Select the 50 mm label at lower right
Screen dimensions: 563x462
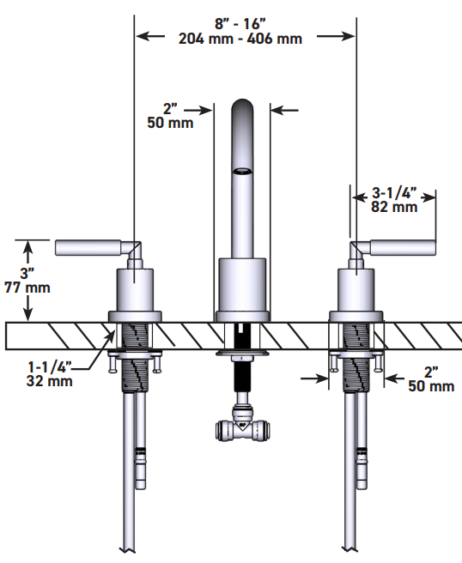click(430, 386)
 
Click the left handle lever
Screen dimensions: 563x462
click(91, 248)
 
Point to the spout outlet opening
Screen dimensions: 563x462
click(244, 171)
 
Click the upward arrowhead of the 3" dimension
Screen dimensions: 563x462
click(28, 249)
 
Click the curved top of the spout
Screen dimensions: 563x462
click(244, 107)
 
